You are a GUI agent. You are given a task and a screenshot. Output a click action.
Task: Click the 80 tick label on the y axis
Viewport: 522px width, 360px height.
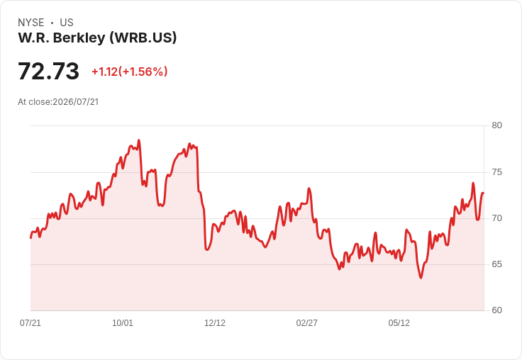(496, 125)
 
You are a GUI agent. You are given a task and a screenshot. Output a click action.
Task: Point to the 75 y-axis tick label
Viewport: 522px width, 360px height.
(496, 172)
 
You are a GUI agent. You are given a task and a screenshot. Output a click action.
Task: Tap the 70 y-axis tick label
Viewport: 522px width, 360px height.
(496, 218)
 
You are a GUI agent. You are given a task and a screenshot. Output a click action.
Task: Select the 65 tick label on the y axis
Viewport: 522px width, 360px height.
(496, 264)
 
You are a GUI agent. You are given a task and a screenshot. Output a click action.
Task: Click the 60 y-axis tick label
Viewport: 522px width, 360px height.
(496, 310)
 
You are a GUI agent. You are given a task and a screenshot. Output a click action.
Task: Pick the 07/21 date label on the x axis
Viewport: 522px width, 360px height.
(30, 322)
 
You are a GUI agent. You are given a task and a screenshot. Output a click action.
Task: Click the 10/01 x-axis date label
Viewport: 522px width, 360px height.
(123, 322)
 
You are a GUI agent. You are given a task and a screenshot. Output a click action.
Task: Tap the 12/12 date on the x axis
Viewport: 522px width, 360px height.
(215, 322)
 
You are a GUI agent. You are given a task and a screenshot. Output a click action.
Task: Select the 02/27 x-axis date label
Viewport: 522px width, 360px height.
(306, 322)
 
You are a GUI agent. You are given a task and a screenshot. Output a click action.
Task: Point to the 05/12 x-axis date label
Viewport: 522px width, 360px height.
(399, 322)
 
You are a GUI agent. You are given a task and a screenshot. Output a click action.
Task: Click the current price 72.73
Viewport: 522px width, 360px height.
(49, 71)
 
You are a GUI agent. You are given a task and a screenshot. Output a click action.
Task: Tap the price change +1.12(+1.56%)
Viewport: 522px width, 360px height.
(130, 72)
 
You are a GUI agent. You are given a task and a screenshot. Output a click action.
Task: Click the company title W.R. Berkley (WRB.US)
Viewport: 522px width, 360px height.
(97, 38)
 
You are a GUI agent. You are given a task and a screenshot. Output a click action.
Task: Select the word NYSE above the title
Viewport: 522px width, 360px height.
(31, 23)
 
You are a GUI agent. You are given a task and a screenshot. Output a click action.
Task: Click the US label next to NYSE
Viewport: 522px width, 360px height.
(67, 23)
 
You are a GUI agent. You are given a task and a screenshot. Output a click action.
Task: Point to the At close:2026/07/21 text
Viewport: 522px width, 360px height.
(58, 102)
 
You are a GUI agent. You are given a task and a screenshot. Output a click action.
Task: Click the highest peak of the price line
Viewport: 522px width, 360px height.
(139, 140)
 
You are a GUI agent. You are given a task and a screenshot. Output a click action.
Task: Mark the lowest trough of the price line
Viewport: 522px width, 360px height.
(421, 278)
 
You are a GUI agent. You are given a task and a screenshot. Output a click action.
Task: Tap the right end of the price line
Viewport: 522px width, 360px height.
(484, 193)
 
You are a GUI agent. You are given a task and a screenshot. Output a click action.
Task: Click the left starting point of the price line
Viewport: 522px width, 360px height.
(30, 238)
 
